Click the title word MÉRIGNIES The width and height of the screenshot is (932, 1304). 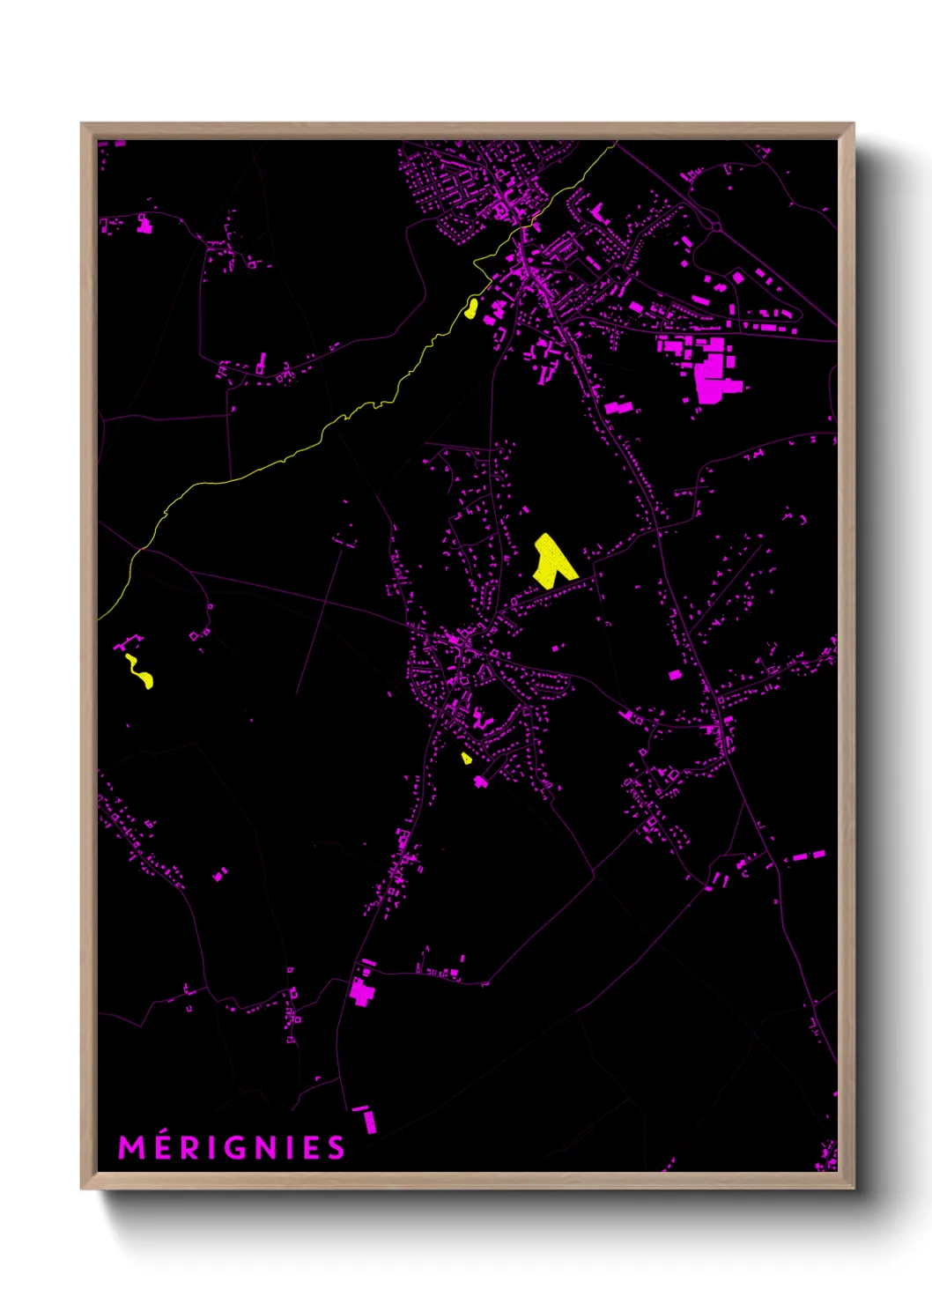click(232, 1147)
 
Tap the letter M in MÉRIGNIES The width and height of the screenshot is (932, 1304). click(130, 1147)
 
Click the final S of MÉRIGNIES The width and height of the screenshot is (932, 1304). click(336, 1147)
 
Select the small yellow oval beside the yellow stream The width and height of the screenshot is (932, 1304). click(472, 307)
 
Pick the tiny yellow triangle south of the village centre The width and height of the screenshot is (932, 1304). click(466, 758)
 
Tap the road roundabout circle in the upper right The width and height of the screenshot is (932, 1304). click(715, 226)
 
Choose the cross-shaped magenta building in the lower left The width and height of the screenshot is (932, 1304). click(361, 991)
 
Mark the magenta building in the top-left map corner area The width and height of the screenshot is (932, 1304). click(144, 226)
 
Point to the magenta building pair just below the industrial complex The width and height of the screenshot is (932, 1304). click(619, 408)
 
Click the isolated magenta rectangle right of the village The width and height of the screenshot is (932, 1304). click(675, 675)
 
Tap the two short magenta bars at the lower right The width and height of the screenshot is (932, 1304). click(808, 856)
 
